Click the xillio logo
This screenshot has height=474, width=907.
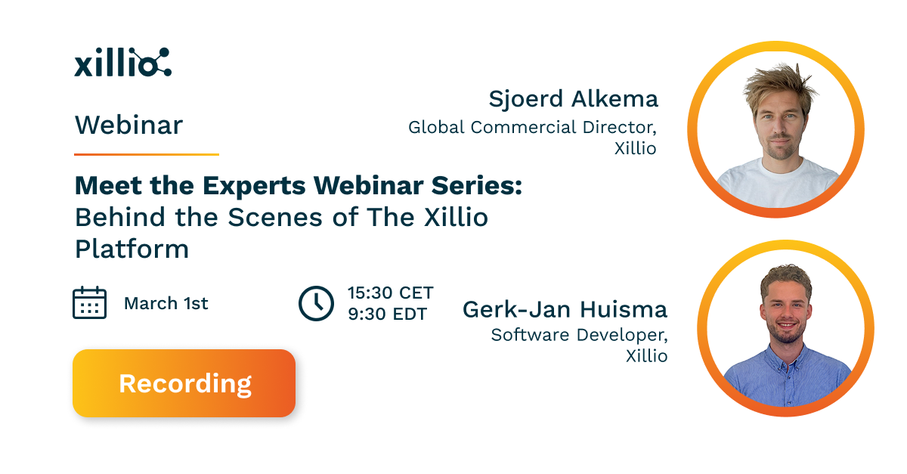click(122, 63)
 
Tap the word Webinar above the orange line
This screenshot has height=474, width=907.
click(128, 125)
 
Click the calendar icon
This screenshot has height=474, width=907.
click(89, 303)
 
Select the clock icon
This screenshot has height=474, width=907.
click(316, 303)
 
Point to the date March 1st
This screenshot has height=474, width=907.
click(166, 304)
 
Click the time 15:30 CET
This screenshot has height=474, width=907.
click(390, 293)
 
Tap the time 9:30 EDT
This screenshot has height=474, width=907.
click(387, 314)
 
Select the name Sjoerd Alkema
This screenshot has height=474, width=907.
click(573, 99)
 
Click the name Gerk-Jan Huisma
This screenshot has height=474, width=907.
click(565, 309)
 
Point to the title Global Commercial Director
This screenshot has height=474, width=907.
click(532, 127)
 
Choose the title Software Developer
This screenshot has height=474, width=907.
click(580, 334)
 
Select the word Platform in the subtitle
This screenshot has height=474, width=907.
click(132, 249)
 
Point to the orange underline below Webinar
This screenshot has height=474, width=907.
click(146, 154)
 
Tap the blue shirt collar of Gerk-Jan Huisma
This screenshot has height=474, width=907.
click(786, 355)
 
